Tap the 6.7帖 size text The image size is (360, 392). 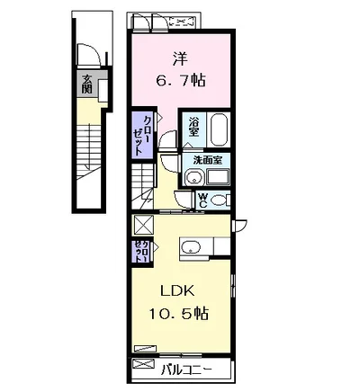coord(180,81)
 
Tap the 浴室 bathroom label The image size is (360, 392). coord(193,127)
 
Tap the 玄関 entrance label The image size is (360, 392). coord(86,86)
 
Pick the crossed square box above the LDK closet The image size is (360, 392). coord(143,226)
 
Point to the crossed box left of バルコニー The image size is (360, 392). coord(145,365)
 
